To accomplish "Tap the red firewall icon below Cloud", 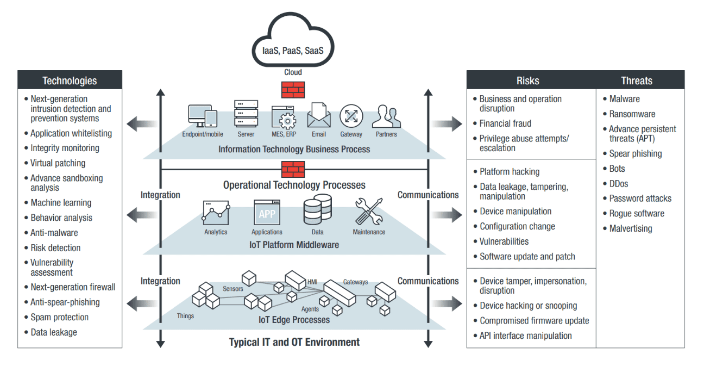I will point(293,89).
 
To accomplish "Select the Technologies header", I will point(70,80).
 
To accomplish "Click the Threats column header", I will point(637,80).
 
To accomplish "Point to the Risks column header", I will point(527,80).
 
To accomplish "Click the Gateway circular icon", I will point(351,116).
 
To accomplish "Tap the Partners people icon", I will point(386,116).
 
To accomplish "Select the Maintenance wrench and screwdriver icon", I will point(369,212).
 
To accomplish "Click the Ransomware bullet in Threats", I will point(632,114).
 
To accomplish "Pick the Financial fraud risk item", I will point(505,123).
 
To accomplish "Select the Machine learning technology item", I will point(61,203).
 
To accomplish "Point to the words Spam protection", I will point(59,317).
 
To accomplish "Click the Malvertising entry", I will point(631,228).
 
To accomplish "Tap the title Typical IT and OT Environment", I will point(294,342).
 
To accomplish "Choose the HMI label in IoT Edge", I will point(312,282).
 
